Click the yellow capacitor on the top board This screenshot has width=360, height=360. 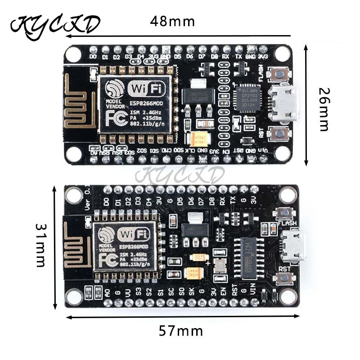(198, 138)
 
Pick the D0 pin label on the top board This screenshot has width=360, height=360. (93, 57)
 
